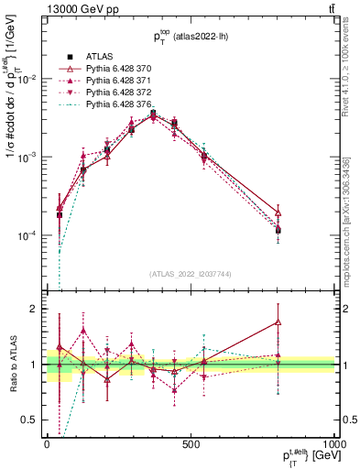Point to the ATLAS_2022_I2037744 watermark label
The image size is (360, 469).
190,274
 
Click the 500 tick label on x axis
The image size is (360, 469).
190,443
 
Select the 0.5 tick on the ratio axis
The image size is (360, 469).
33,420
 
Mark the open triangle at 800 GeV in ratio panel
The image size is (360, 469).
277,322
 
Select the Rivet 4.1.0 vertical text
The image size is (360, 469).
351,82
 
